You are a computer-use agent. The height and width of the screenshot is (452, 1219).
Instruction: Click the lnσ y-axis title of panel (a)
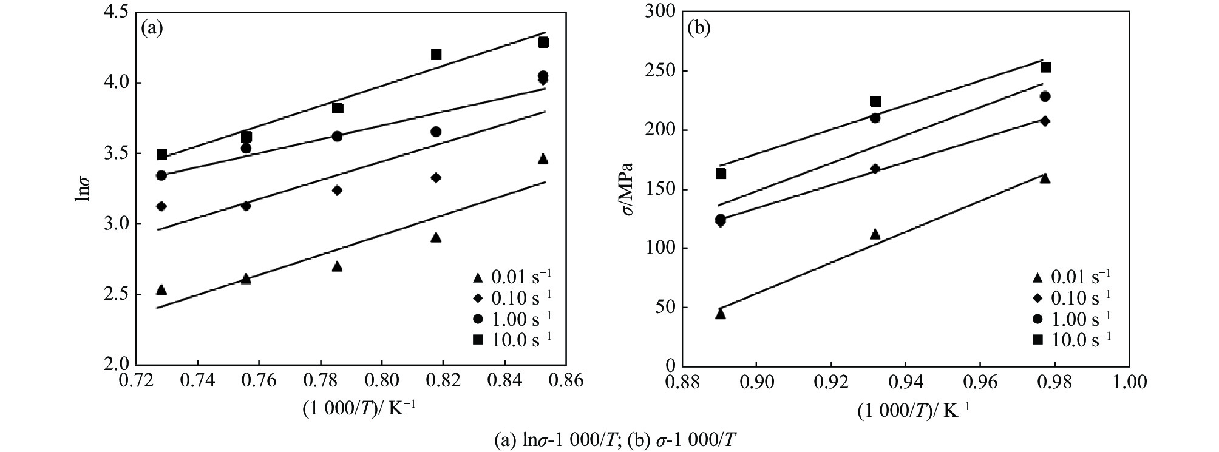tap(86, 188)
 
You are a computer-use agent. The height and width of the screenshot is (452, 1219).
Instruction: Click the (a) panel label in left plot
tap(152, 29)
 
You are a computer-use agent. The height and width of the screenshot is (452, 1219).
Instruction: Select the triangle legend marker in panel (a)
tap(478, 278)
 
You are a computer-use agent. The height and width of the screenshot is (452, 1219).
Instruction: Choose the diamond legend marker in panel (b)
tap(1037, 297)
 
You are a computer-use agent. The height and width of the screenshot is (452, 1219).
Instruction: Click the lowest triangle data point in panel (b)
tap(721, 314)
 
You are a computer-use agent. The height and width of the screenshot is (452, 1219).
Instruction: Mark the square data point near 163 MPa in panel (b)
tap(721, 174)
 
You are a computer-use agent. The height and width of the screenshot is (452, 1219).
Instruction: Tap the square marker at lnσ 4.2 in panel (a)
tap(436, 54)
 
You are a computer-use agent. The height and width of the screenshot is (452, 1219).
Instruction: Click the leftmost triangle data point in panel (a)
tap(161, 289)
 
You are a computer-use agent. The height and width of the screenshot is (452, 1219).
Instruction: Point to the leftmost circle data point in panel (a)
tap(161, 175)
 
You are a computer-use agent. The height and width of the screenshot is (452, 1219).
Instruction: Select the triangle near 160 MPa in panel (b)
tap(1045, 178)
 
